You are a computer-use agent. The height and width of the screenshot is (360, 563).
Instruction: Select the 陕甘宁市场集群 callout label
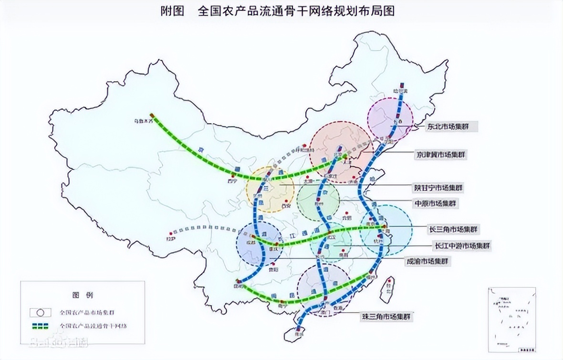click(438, 188)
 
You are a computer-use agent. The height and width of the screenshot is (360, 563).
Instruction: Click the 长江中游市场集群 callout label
click(461, 246)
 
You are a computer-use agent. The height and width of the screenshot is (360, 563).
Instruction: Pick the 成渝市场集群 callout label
click(428, 261)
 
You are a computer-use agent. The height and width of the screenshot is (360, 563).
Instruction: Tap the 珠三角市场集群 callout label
click(386, 316)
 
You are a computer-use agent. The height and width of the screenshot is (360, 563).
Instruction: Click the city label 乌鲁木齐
click(144, 122)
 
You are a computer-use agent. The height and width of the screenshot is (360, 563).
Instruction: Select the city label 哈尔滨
click(400, 90)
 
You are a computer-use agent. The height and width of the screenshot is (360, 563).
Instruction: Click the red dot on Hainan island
click(297, 329)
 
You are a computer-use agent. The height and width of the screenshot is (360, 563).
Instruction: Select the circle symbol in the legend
click(41, 312)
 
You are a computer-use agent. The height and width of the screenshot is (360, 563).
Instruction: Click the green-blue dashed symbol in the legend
click(41, 326)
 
